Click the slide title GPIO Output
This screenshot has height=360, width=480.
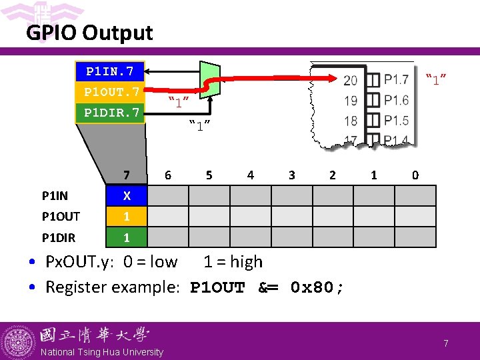(89, 33)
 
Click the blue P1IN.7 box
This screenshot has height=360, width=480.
(110, 71)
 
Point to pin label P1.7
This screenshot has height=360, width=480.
(397, 81)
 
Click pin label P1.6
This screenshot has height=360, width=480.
(397, 101)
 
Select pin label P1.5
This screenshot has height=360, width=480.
(397, 121)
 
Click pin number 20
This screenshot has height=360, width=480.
(350, 81)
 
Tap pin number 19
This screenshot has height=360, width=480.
(350, 101)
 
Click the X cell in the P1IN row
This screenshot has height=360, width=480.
(126, 196)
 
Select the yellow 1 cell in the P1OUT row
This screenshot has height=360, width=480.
(126, 217)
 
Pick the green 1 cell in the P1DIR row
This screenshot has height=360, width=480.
(126, 237)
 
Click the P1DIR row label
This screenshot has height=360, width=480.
(59, 237)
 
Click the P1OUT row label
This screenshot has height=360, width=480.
(61, 217)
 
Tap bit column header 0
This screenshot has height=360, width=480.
(415, 175)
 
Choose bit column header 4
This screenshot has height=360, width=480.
(250, 175)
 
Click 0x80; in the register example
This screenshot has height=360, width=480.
(317, 288)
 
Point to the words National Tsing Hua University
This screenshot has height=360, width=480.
(102, 352)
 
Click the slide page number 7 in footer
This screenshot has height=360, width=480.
(446, 343)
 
